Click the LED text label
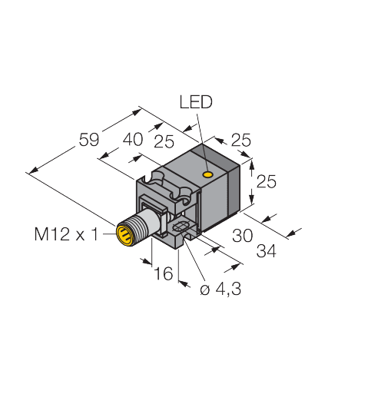pyautogui.click(x=195, y=102)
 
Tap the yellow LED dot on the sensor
pyautogui.click(x=207, y=175)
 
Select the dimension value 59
pyautogui.click(x=90, y=140)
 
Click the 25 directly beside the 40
pyautogui.click(x=163, y=141)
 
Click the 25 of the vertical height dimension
pyautogui.click(x=266, y=181)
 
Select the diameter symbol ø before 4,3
pyautogui.click(x=204, y=290)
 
